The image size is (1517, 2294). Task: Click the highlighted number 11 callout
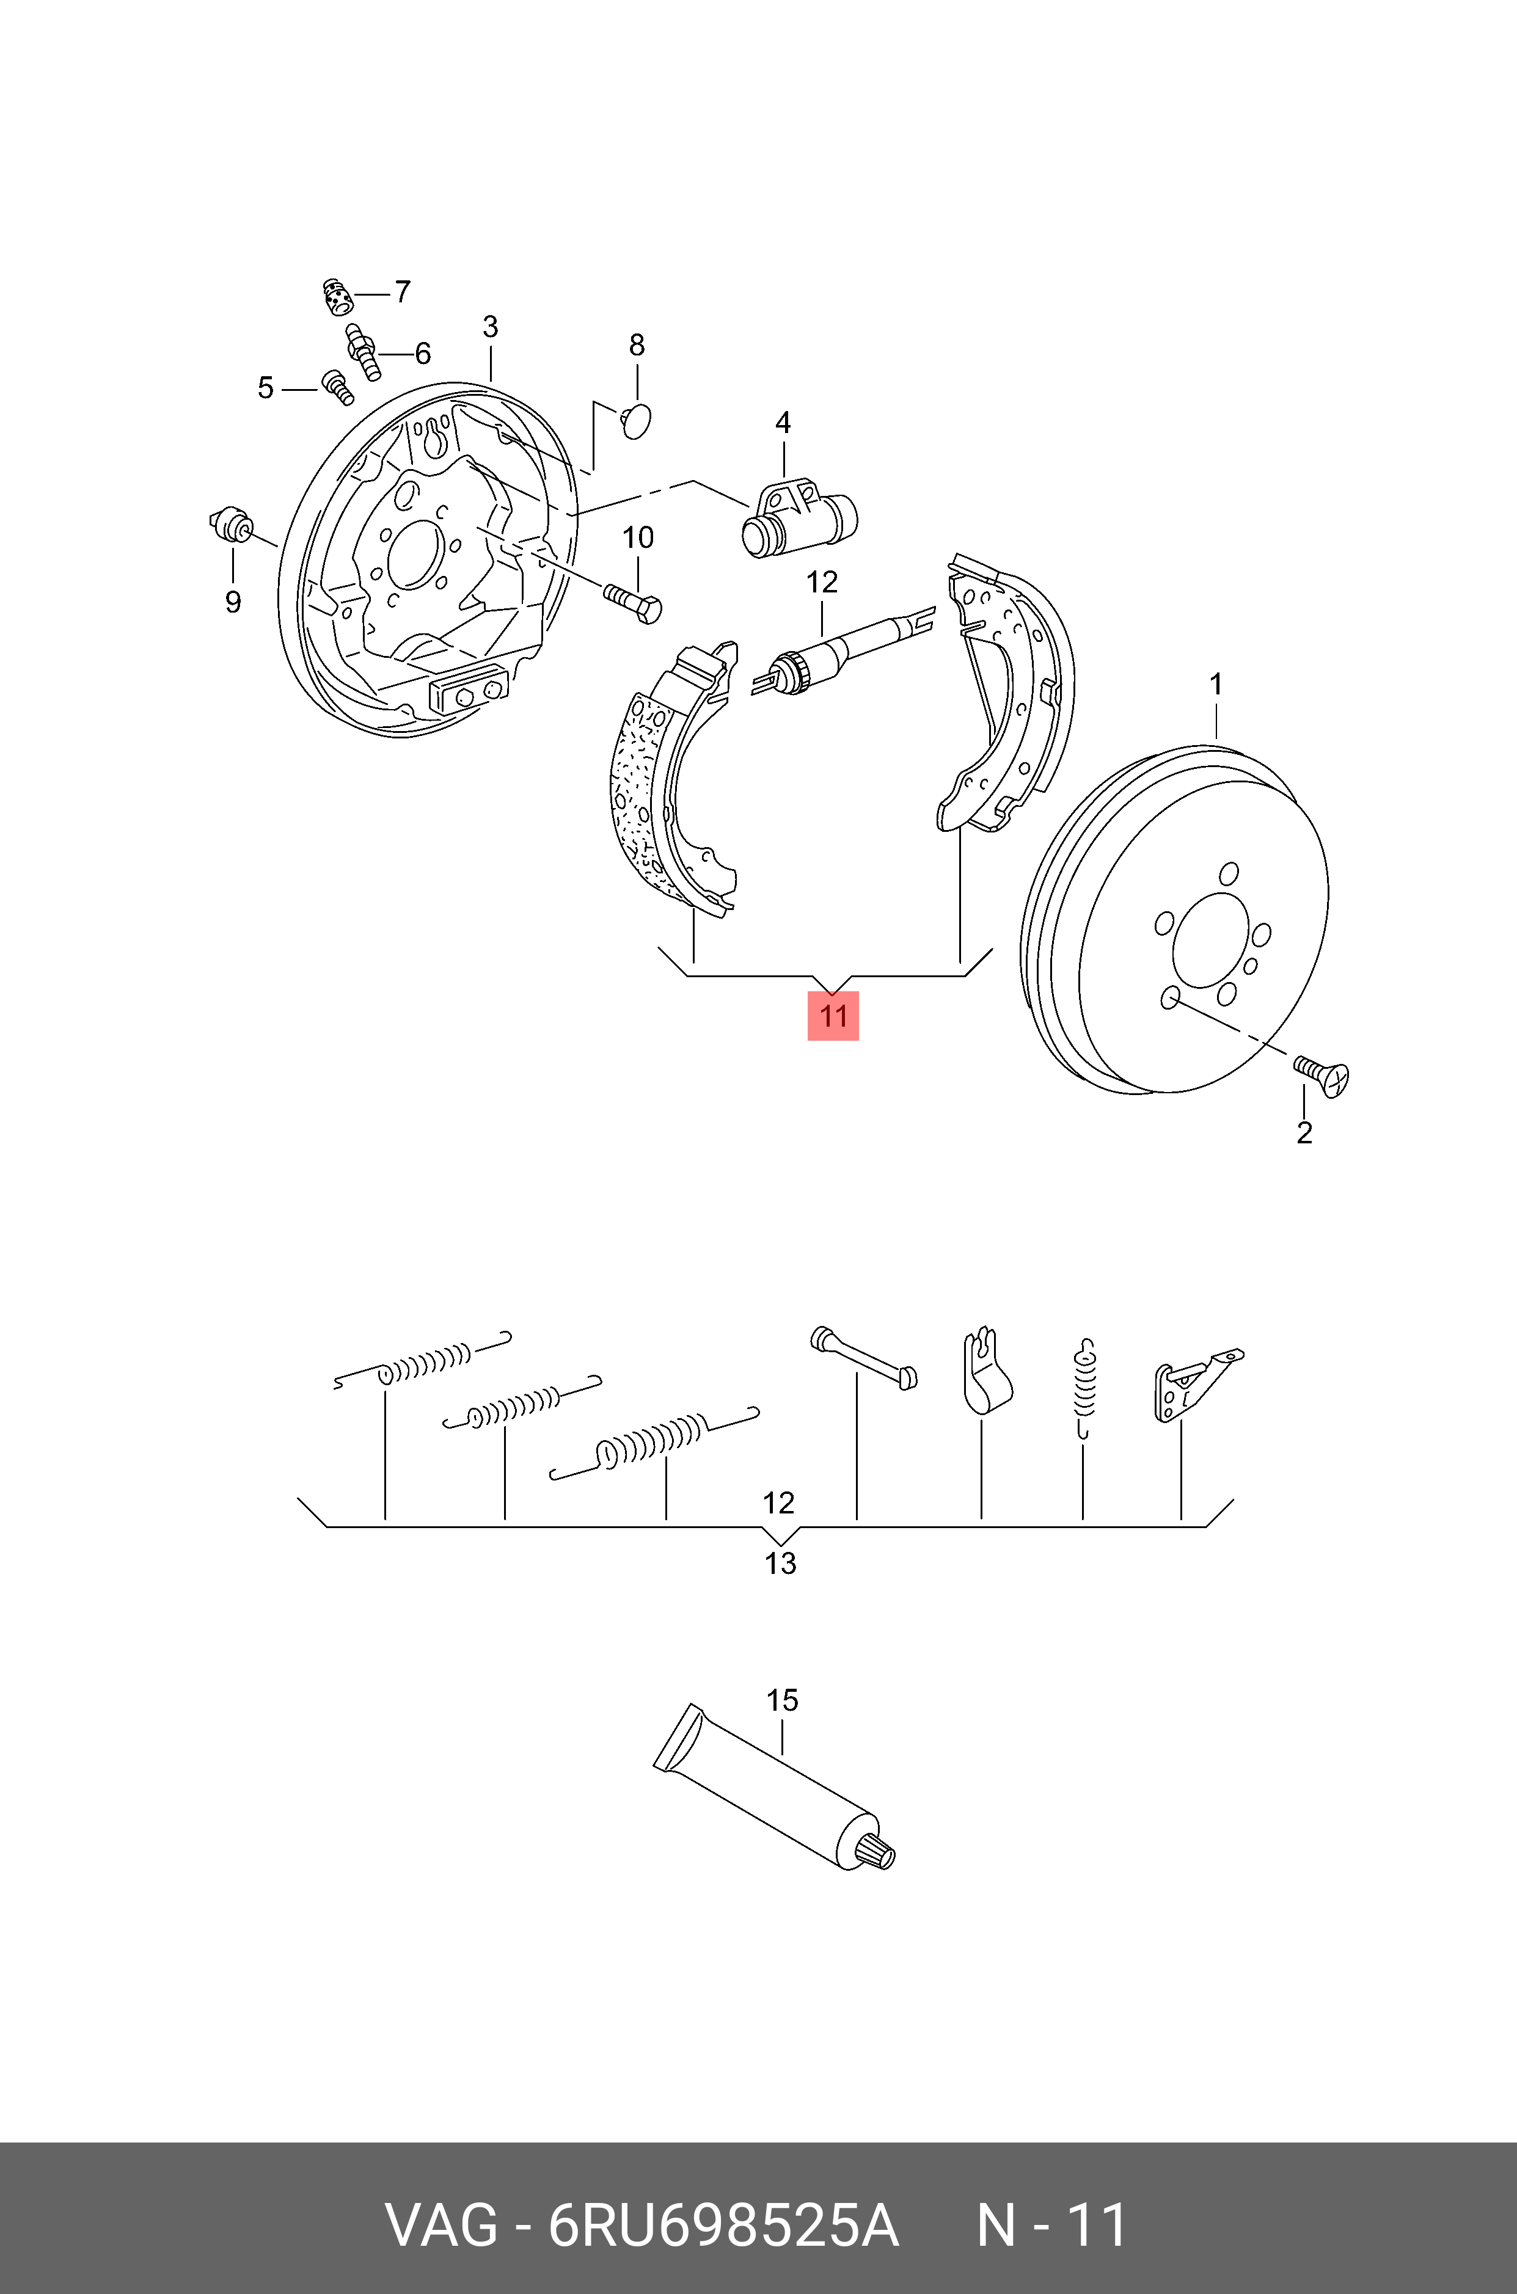tap(833, 1016)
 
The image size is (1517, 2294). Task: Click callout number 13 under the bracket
tap(780, 1563)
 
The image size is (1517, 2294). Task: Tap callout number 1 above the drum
tap(1216, 685)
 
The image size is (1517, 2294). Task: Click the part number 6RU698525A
tap(723, 2226)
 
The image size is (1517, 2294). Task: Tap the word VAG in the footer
tap(442, 2226)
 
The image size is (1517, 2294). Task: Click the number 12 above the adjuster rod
tap(821, 582)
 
